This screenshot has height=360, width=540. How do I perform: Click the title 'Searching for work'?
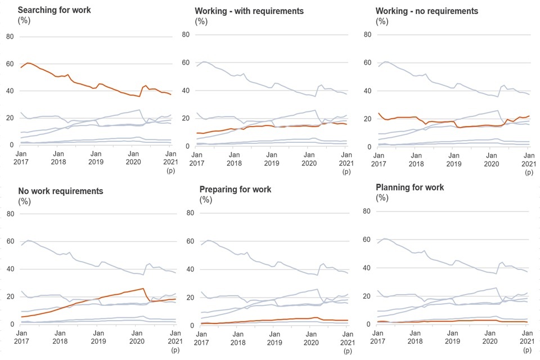pyautogui.click(x=54, y=10)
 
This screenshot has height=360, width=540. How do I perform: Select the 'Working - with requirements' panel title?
pyautogui.click(x=249, y=11)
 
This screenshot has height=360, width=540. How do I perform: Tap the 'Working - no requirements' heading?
pyautogui.click(x=427, y=11)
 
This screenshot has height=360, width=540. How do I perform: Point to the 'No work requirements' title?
pyautogui.click(x=61, y=191)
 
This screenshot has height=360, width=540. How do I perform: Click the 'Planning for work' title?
pyautogui.click(x=411, y=187)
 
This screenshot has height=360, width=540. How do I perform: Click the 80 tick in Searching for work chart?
pyautogui.click(x=10, y=37)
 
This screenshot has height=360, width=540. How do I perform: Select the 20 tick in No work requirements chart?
pyautogui.click(x=10, y=296)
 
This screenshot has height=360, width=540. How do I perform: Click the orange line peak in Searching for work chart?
pyautogui.click(x=28, y=63)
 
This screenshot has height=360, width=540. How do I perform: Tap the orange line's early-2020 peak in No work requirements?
pyautogui.click(x=143, y=289)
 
